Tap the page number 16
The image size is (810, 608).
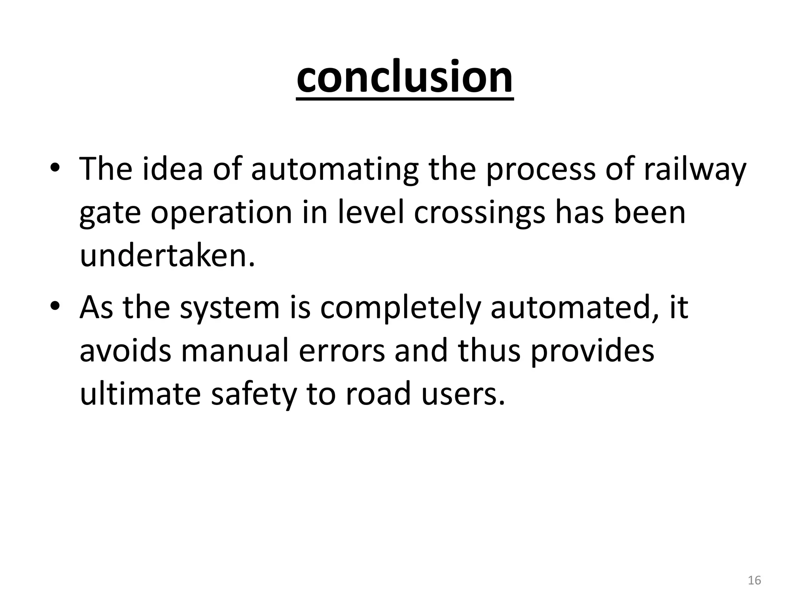pos(754,581)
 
